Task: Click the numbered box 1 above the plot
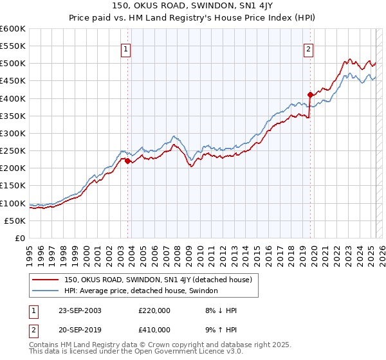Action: pos(126,48)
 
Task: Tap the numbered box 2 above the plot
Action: pos(309,48)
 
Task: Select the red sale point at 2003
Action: pos(128,161)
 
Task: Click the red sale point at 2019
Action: pos(310,94)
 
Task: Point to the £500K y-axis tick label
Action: pos(13,64)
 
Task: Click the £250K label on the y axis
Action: pos(13,150)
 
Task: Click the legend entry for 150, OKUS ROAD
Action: pos(161,280)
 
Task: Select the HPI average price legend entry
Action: pos(141,291)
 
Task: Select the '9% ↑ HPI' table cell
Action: pos(219,330)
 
